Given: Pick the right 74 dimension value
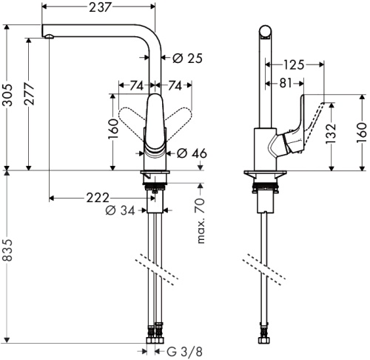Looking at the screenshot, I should [x=175, y=86].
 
